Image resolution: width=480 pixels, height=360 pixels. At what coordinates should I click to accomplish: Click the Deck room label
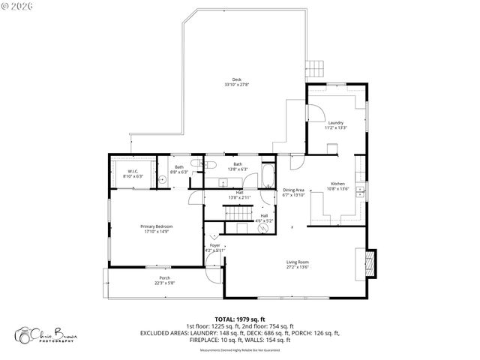point(236,82)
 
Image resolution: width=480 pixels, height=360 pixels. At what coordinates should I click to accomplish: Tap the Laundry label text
point(335,124)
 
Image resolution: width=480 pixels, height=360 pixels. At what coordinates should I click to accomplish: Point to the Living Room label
point(298,264)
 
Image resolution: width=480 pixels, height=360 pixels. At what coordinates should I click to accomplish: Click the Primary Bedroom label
point(156,228)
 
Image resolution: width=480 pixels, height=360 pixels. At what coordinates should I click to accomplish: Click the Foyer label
point(214,247)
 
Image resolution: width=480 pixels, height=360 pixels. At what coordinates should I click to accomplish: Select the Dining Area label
point(293,192)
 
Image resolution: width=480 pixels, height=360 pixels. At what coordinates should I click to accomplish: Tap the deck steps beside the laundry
point(316,69)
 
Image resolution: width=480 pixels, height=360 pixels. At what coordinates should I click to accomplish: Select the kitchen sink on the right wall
point(360,189)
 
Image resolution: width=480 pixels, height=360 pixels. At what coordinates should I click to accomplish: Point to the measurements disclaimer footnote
point(240,350)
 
